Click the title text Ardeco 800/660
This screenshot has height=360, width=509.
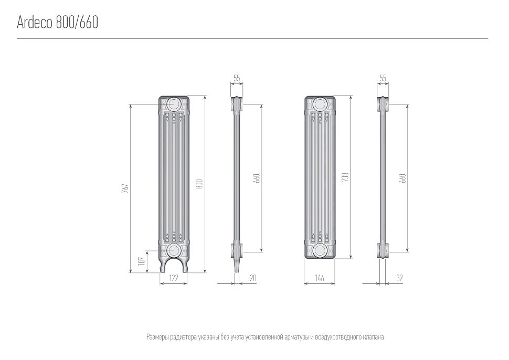[x=57, y=22]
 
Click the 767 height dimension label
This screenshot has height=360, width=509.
[x=125, y=188]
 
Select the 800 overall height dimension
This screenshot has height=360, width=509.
[x=199, y=184]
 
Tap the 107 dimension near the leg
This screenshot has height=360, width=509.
[x=141, y=261]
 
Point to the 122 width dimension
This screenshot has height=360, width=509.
[x=174, y=278]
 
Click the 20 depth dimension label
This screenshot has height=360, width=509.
[x=253, y=278]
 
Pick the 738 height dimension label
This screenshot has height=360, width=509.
[x=346, y=177]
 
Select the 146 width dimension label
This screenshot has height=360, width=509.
[x=320, y=278]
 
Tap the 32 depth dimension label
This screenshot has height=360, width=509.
[x=399, y=278]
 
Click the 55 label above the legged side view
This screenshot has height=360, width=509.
[x=237, y=78]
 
